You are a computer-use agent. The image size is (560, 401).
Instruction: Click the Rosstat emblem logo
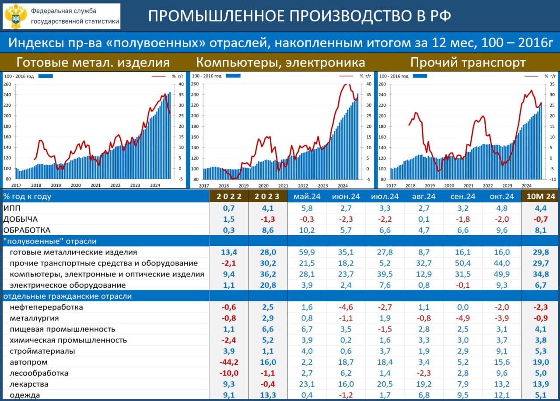(15, 16)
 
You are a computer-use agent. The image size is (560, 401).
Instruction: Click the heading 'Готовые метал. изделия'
(93, 63)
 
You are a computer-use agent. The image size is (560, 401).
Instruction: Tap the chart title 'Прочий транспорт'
(468, 63)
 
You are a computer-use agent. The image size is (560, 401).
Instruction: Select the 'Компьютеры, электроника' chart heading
(280, 63)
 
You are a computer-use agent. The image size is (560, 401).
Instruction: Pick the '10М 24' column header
(540, 196)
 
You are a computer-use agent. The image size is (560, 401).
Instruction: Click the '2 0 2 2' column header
(229, 196)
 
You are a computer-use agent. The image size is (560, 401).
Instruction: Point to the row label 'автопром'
(28, 362)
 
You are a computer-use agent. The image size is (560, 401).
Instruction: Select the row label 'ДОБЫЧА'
(21, 219)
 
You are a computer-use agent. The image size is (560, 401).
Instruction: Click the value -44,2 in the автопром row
(229, 362)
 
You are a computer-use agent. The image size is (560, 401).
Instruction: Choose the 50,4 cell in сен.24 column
(462, 263)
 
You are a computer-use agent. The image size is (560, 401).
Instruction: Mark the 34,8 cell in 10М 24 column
(540, 274)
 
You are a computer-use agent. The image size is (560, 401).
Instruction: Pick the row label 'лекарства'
(28, 384)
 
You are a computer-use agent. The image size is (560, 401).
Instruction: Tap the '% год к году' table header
(27, 196)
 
